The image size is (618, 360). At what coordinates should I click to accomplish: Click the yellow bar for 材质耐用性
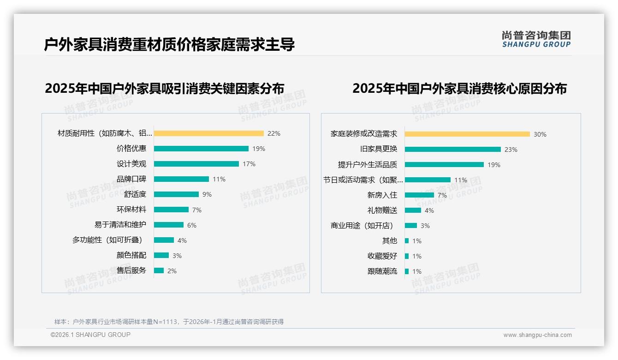click(x=208, y=133)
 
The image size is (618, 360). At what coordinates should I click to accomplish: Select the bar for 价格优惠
click(x=201, y=149)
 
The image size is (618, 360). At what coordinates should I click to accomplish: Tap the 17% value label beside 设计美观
click(x=249, y=164)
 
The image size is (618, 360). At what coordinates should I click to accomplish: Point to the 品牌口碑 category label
click(x=131, y=179)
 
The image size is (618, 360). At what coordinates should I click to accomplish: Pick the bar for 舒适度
click(x=176, y=194)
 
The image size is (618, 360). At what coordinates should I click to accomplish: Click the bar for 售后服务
click(x=159, y=270)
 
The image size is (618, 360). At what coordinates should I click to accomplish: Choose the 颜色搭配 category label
click(x=131, y=255)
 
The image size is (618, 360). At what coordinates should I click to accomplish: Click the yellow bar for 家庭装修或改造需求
click(x=467, y=134)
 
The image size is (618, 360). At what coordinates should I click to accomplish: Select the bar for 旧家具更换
click(x=453, y=150)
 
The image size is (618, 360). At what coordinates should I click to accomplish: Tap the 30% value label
click(x=540, y=134)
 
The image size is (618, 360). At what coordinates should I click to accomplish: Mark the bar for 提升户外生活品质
click(x=444, y=165)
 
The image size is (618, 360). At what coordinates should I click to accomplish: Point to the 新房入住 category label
click(x=382, y=195)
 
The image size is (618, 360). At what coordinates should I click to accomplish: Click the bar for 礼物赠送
click(x=413, y=210)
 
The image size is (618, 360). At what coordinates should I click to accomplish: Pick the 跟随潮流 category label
click(x=382, y=271)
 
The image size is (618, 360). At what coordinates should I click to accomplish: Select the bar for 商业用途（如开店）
click(x=411, y=226)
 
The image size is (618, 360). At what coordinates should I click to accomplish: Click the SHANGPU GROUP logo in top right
click(x=536, y=39)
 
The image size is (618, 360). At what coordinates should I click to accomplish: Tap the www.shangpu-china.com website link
click(x=537, y=335)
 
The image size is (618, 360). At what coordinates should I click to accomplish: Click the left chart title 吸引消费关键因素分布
click(x=164, y=88)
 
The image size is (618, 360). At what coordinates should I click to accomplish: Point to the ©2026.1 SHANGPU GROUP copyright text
click(x=90, y=335)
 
